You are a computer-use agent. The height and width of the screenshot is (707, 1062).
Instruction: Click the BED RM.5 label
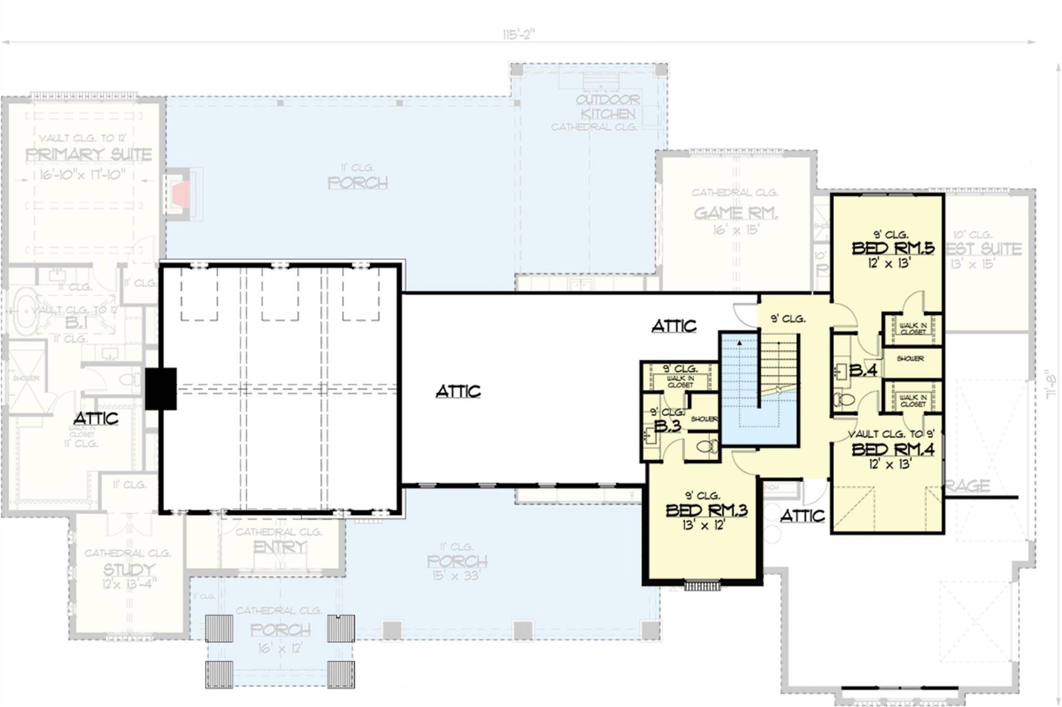[x=893, y=248]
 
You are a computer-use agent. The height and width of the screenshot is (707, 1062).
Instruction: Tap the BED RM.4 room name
[x=893, y=449]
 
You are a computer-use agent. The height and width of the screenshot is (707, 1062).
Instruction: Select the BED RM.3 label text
[x=706, y=511]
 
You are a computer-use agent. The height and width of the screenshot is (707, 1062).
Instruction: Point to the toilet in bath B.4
[x=843, y=400]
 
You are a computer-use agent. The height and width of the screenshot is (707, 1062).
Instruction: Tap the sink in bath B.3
[x=651, y=436]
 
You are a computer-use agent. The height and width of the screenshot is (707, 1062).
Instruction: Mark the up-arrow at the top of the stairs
[x=739, y=343]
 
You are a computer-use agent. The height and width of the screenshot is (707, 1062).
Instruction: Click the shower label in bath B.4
[x=910, y=359]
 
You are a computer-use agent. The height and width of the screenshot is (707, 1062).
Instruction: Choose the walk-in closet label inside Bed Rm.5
[x=913, y=329]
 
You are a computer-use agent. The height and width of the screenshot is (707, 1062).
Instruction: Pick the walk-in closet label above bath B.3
[x=680, y=382]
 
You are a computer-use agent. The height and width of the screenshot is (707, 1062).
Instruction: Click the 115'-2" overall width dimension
[x=518, y=35]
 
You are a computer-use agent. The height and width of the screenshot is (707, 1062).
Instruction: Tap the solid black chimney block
[x=161, y=389]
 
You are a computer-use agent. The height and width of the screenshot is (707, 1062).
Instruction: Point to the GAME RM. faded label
[x=735, y=213]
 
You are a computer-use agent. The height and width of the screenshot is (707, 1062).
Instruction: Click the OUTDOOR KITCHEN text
[x=608, y=106]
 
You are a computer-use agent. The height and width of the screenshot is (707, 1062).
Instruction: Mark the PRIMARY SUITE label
[x=89, y=154]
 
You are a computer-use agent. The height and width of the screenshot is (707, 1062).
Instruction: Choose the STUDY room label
[x=129, y=570]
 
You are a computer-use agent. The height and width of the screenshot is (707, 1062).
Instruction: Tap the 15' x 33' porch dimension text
[x=456, y=575]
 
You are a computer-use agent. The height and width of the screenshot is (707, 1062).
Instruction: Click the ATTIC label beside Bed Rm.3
[x=802, y=516]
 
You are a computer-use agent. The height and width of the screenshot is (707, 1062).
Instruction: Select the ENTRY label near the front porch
[x=280, y=547]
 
